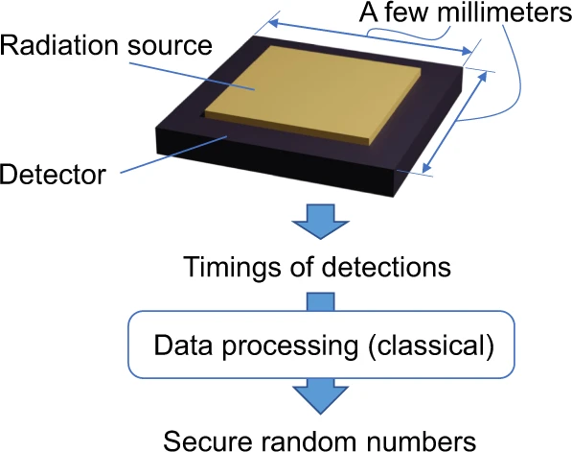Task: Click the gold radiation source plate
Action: (x=313, y=94)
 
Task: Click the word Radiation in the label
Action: (x=59, y=45)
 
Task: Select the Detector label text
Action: (x=54, y=174)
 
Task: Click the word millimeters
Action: (x=505, y=12)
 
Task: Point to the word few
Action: (x=406, y=12)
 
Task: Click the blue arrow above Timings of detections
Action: (x=321, y=222)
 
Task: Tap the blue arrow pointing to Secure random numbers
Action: (x=321, y=396)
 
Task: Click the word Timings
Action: (x=231, y=268)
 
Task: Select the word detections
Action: (x=386, y=268)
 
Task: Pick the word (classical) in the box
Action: (x=431, y=345)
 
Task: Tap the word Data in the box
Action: (x=183, y=345)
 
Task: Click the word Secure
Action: (x=208, y=441)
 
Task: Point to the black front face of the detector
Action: (x=275, y=162)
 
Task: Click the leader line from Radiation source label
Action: (x=193, y=77)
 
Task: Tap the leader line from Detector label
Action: (x=174, y=155)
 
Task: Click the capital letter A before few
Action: (x=369, y=12)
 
